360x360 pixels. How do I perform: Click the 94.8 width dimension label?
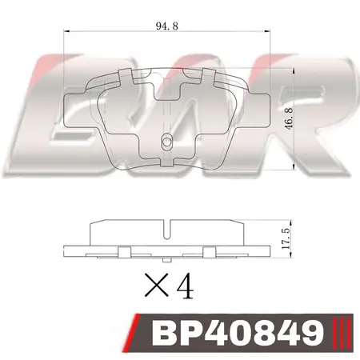point(167,26)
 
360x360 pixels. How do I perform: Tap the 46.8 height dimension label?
point(289,118)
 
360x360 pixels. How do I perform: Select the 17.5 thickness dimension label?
point(286,238)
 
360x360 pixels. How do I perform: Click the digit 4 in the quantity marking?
point(185,285)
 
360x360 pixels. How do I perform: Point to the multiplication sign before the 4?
point(157,285)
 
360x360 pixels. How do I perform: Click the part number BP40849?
point(238,333)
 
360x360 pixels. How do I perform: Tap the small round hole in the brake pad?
point(166,142)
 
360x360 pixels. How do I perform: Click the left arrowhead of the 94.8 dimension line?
point(66,31)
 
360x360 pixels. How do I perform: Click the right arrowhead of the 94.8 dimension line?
point(267,31)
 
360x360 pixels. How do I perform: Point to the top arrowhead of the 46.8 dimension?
point(294,70)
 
